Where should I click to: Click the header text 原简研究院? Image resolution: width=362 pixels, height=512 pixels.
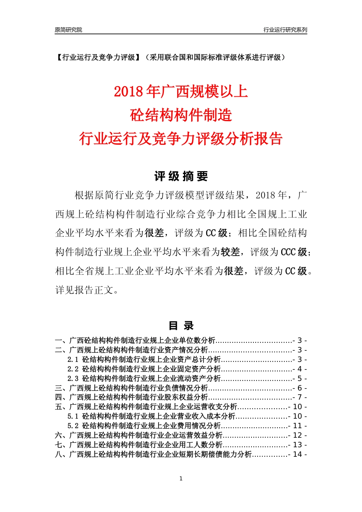pyautogui.click(x=68, y=30)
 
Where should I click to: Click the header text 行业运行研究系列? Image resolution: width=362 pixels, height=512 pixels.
pyautogui.click(x=285, y=30)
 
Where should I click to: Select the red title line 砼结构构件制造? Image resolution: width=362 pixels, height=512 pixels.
pyautogui.click(x=181, y=115)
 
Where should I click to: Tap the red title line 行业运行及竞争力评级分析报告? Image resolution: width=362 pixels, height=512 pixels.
pyautogui.click(x=181, y=139)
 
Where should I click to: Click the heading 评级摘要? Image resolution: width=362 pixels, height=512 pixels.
pyautogui.click(x=181, y=176)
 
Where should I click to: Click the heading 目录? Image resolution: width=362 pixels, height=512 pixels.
pyautogui.click(x=181, y=326)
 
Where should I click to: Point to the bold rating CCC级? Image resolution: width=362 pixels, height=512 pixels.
pyautogui.click(x=296, y=252)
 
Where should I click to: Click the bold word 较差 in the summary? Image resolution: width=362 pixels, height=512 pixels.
pyautogui.click(x=231, y=252)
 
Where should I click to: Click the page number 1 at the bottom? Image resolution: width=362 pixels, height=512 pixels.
pyautogui.click(x=181, y=478)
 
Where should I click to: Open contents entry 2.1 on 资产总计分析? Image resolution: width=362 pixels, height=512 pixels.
pyautogui.click(x=144, y=359)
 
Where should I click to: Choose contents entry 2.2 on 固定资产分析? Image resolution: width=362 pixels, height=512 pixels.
pyautogui.click(x=144, y=369)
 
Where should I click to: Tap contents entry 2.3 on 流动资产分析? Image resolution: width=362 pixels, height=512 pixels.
pyautogui.click(x=144, y=378)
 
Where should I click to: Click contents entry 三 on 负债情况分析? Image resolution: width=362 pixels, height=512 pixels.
pyautogui.click(x=131, y=388)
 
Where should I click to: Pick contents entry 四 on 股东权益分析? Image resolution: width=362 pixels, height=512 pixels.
pyautogui.click(x=131, y=397)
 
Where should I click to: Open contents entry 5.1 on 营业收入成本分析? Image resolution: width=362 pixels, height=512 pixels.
pyautogui.click(x=151, y=416)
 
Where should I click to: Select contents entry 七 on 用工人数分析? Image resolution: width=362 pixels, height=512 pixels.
pyautogui.click(x=139, y=445)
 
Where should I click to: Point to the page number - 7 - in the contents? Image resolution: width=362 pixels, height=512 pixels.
pyautogui.click(x=300, y=397)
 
